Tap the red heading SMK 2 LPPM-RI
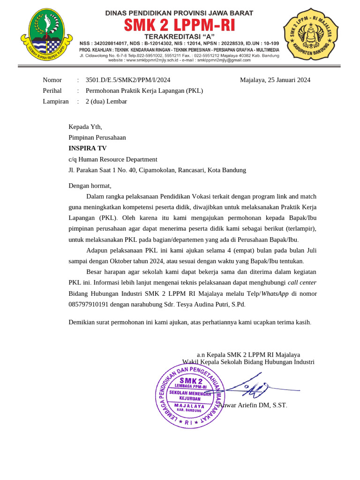point(179,24)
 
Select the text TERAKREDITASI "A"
point(179,36)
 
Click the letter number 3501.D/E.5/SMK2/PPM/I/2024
point(128,80)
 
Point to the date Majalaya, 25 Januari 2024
point(275,80)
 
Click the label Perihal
point(52,90)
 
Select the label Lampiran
point(55,101)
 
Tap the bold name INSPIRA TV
point(88,148)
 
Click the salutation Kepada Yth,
point(85,127)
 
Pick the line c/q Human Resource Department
point(113,159)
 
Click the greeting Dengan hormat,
point(90,186)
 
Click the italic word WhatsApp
point(275,293)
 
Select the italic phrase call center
point(302,283)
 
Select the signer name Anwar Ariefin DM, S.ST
point(253,405)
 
